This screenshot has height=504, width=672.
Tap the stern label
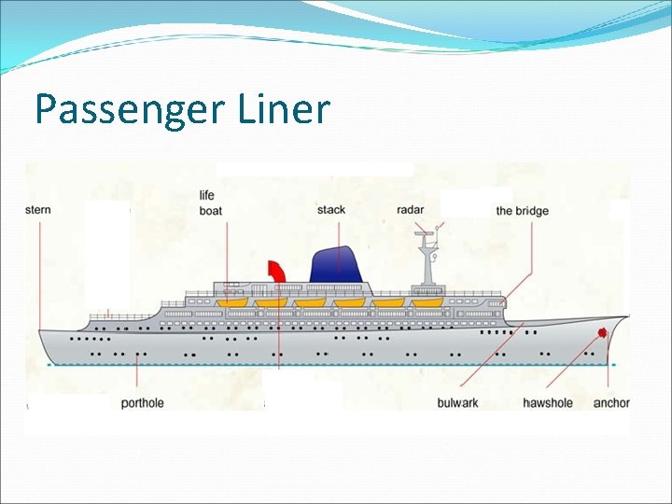[x=38, y=210]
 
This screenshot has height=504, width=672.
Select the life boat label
[x=210, y=203]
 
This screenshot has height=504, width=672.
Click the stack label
[x=331, y=210]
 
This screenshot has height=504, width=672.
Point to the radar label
[x=410, y=210]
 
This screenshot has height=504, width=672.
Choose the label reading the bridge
[x=522, y=211]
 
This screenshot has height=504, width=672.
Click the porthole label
[x=142, y=403]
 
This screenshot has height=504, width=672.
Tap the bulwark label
[x=457, y=403]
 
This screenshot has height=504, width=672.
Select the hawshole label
[x=548, y=403]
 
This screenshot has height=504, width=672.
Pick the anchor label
[x=611, y=403]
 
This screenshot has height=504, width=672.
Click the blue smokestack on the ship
[x=338, y=263]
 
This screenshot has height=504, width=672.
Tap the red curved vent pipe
[x=277, y=271]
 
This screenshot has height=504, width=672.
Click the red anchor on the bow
[x=602, y=332]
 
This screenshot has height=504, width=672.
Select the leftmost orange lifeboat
[x=231, y=302]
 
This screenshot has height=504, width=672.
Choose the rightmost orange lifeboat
[x=427, y=302]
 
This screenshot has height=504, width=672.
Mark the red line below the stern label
[x=39, y=271]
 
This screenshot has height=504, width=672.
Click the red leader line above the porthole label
[x=138, y=378]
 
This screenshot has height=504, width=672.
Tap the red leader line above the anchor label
[x=610, y=369]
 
